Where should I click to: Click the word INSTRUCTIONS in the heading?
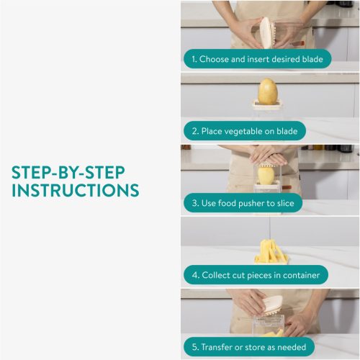76,191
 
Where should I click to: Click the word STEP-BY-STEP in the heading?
68,172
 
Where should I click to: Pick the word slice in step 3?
285,203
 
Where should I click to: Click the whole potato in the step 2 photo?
268,92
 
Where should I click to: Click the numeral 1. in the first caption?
194,59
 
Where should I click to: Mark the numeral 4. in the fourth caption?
195,275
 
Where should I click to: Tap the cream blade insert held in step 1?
266,32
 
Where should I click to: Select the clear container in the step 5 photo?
269,325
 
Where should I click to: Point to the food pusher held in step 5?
272,305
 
